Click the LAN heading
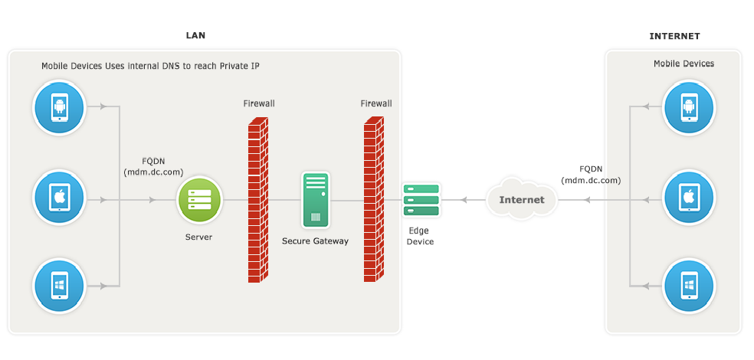[195, 35]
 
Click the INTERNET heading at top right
[674, 36]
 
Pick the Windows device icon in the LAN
[58, 286]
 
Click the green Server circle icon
[199, 201]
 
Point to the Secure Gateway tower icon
[314, 200]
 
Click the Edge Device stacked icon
[421, 200]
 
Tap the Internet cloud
[521, 200]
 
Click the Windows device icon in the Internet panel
[689, 286]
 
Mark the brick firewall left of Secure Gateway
[258, 201]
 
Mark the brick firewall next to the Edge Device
[374, 201]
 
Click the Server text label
[198, 237]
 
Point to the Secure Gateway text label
[315, 241]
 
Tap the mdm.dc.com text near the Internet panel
[591, 180]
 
